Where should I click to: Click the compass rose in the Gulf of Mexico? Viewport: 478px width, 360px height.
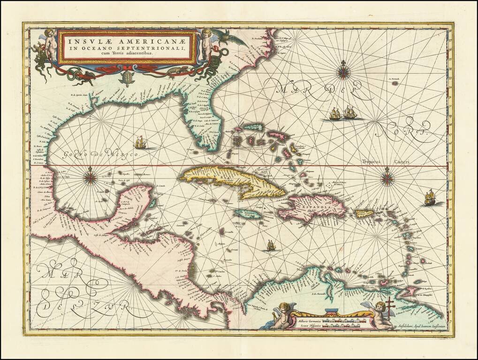point(90,177)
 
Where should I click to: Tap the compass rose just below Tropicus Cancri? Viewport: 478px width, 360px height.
point(387,178)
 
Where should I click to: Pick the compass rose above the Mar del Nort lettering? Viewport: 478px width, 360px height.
point(344,71)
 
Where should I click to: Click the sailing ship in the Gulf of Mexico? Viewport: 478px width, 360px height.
point(140,142)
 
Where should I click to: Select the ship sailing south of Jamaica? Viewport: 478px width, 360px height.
point(270,245)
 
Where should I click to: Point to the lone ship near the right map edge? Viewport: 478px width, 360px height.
point(429,198)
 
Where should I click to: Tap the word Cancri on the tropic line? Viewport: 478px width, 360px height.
point(402,162)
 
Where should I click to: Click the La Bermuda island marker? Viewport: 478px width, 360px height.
point(395,82)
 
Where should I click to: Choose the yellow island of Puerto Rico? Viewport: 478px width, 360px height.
point(364,214)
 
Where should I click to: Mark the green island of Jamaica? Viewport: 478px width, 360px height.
point(248,214)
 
